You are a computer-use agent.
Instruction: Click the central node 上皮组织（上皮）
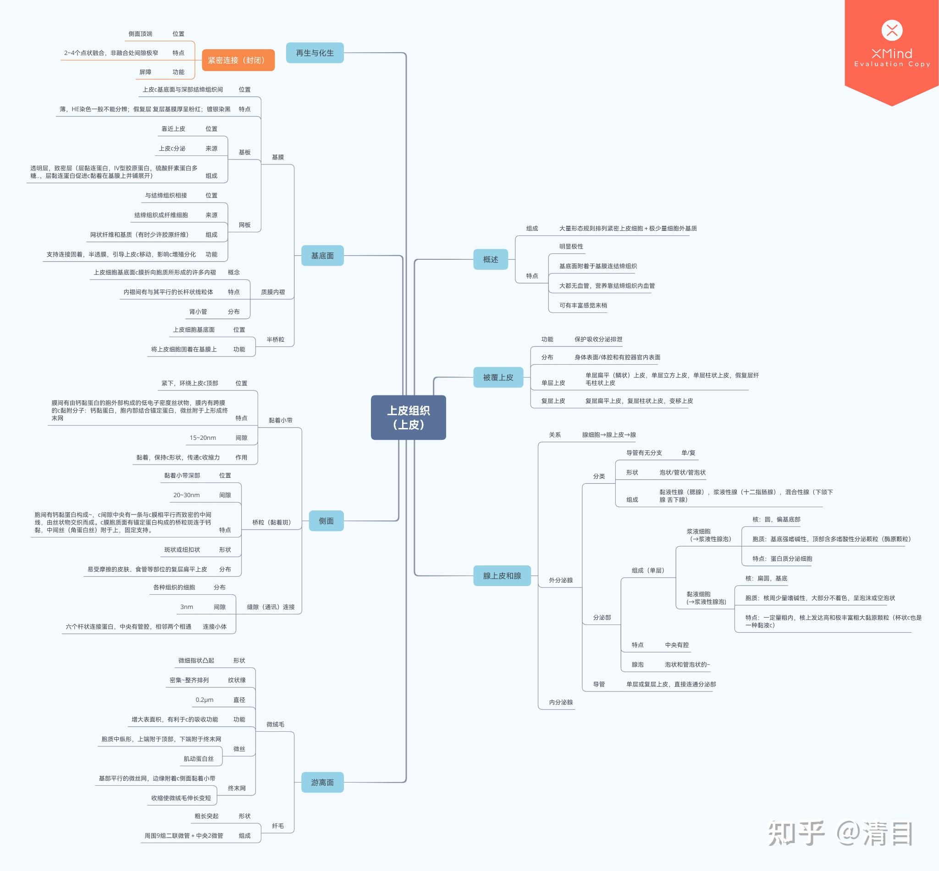(x=408, y=417)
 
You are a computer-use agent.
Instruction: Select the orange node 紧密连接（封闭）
(x=238, y=60)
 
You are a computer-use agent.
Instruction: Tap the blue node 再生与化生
(x=315, y=53)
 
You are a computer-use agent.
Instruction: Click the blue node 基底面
(x=322, y=256)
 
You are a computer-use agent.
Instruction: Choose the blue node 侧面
(x=326, y=521)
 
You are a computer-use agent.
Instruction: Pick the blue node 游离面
(x=322, y=783)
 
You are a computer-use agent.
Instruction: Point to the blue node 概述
(x=491, y=259)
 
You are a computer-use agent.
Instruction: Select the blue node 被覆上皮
(x=498, y=377)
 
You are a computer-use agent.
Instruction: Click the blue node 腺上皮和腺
(x=502, y=575)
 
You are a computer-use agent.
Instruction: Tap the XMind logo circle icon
(x=892, y=31)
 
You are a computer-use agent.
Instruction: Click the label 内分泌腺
(x=561, y=702)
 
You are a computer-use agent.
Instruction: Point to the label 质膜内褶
(x=273, y=292)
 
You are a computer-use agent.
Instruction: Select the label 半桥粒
(x=276, y=340)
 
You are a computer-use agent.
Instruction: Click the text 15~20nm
(x=203, y=438)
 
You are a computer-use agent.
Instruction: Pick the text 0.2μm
(x=204, y=700)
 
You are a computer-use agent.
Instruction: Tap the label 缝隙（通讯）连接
(x=271, y=607)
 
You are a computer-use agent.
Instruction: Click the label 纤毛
(x=278, y=826)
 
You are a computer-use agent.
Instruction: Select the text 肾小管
(x=198, y=312)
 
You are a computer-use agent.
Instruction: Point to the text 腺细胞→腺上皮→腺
(x=609, y=434)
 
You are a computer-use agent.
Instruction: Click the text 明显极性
(x=571, y=247)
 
